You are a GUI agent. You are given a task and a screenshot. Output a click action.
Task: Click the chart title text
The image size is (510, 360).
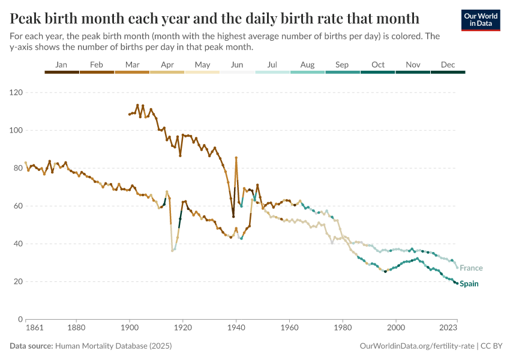coord(214,16)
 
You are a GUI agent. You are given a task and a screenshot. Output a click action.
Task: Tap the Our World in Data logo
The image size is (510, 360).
coord(481,20)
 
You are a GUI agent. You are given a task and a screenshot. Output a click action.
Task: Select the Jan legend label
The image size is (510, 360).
coord(61,64)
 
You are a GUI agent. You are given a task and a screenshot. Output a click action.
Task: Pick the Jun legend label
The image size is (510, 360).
coord(237,64)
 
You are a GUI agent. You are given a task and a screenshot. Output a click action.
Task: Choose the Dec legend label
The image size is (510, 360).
coord(448,64)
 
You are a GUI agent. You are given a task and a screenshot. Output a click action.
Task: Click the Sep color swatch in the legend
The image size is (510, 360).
coord(343,72)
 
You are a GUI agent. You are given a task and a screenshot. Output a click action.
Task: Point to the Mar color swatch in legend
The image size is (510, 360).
coord(132,72)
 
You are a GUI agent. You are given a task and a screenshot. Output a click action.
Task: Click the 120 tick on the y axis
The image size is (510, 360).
coord(16,93)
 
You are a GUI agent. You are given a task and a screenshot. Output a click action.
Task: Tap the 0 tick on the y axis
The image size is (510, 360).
coord(20,320)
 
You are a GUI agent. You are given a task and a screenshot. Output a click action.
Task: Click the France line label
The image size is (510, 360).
coord(471,268)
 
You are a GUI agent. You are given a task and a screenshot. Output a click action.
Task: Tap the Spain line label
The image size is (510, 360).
coord(469,284)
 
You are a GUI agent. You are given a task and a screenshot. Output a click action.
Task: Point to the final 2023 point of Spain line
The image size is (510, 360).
coord(457,283)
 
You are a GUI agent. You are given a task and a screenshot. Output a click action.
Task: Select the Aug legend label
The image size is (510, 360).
coord(307,64)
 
